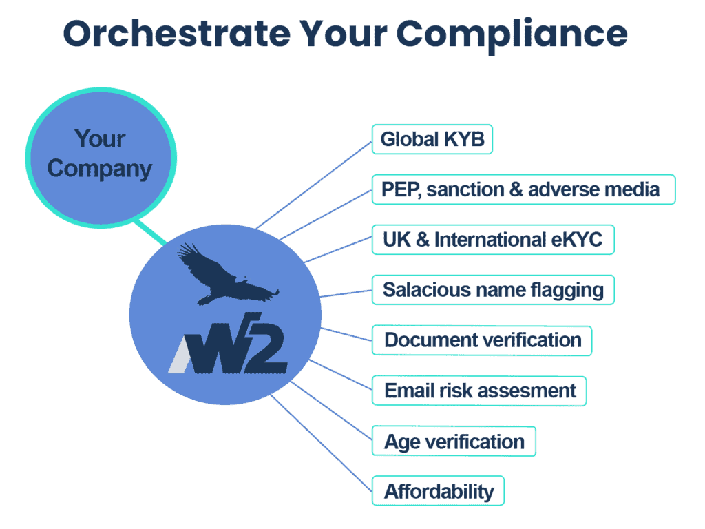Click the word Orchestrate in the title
177,34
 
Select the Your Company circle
101,158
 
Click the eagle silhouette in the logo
227,275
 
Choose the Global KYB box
432,139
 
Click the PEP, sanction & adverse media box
523,189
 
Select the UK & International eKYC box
493,240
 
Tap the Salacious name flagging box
493,290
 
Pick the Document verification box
481,340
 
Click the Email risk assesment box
479,391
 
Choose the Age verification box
454,442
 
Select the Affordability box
438,490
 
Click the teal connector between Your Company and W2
151,232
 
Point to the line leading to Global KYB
314,185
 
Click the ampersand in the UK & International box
422,240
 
